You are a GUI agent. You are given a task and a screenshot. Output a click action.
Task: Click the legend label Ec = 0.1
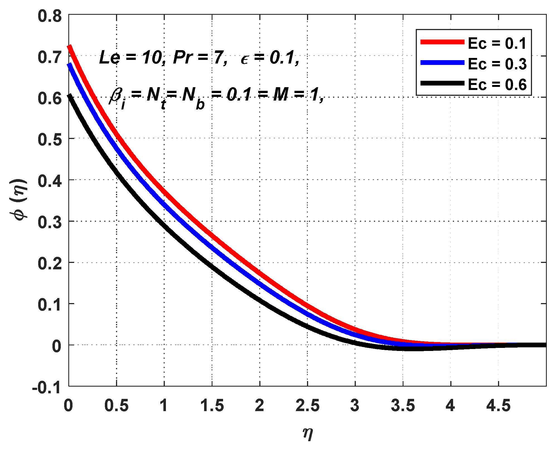(x=497, y=43)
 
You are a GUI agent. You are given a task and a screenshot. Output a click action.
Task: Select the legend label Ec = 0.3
(x=497, y=64)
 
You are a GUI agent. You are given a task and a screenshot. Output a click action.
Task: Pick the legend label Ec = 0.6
(x=497, y=85)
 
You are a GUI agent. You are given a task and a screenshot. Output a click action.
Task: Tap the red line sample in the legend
(x=442, y=42)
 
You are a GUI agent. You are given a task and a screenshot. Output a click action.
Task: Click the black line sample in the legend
(x=442, y=83)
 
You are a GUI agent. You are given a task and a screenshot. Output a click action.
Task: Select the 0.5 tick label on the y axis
(x=50, y=139)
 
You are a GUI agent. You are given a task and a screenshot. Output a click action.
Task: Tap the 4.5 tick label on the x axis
(x=498, y=406)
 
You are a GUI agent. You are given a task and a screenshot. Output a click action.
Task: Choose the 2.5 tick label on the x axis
(x=307, y=406)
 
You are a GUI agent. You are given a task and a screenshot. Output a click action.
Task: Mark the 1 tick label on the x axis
(x=164, y=406)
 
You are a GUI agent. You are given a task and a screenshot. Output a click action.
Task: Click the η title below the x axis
(x=308, y=433)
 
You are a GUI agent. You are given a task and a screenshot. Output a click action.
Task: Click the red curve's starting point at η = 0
(x=69, y=47)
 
